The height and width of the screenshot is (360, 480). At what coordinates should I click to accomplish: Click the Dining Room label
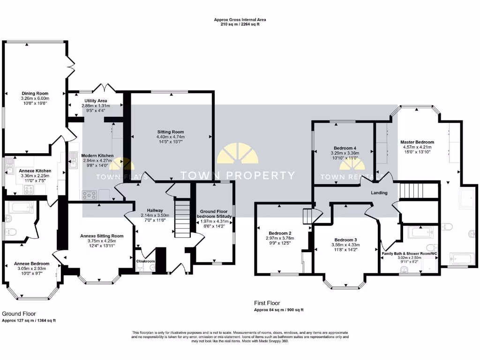(35, 93)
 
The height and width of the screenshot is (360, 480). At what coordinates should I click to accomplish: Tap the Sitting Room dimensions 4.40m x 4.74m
(171, 137)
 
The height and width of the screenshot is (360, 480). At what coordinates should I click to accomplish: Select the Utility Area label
(96, 101)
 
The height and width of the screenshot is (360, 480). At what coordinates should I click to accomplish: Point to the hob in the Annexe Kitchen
(29, 190)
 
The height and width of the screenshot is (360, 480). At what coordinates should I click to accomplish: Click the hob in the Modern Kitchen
(90, 195)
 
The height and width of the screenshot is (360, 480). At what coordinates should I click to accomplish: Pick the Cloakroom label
(145, 261)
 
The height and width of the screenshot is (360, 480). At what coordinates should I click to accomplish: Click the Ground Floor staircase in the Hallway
(182, 218)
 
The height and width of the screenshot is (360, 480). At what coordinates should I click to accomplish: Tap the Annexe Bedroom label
(31, 263)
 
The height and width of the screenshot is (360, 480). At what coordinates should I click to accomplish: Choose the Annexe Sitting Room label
(102, 236)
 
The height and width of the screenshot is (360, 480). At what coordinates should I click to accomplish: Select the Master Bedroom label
(417, 142)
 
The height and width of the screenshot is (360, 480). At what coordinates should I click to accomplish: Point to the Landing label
(379, 193)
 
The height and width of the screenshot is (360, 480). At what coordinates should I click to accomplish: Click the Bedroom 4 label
(345, 148)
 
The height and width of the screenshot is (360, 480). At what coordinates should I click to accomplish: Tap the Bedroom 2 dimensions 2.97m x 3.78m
(280, 238)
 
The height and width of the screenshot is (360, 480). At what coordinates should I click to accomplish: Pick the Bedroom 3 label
(345, 240)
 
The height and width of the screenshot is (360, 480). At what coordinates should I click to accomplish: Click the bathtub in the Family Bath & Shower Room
(420, 232)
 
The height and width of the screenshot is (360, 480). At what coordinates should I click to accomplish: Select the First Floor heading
(267, 303)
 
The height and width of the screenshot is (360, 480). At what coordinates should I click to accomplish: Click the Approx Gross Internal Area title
(240, 20)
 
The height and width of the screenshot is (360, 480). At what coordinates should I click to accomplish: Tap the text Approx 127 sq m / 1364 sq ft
(29, 321)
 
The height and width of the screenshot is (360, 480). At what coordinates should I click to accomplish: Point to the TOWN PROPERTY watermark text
(238, 175)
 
